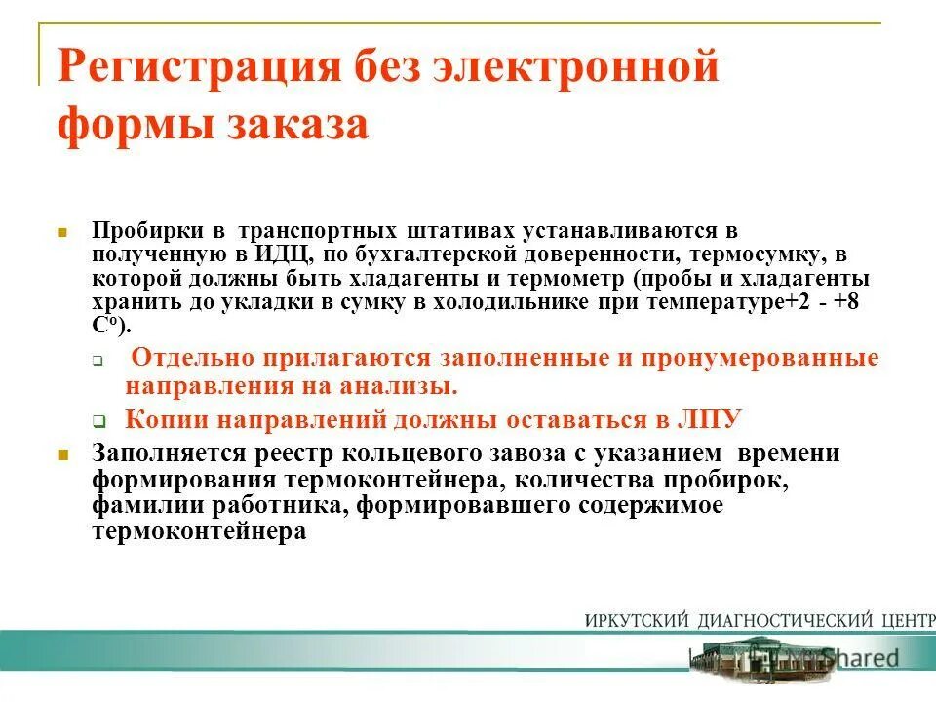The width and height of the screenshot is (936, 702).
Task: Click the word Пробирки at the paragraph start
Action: [147, 231]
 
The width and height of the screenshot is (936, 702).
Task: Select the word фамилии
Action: [138, 506]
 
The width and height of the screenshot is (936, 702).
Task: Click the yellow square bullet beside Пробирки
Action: [61, 234]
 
